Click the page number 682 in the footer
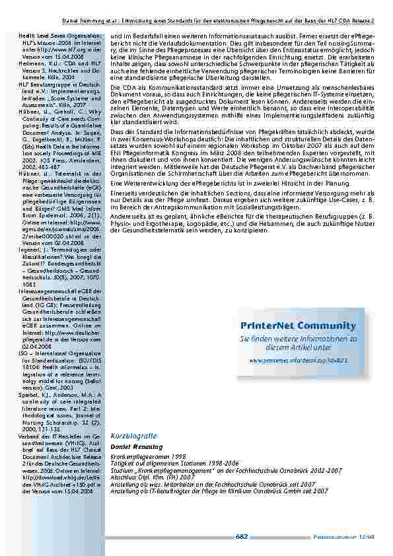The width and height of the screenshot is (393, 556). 242,537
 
